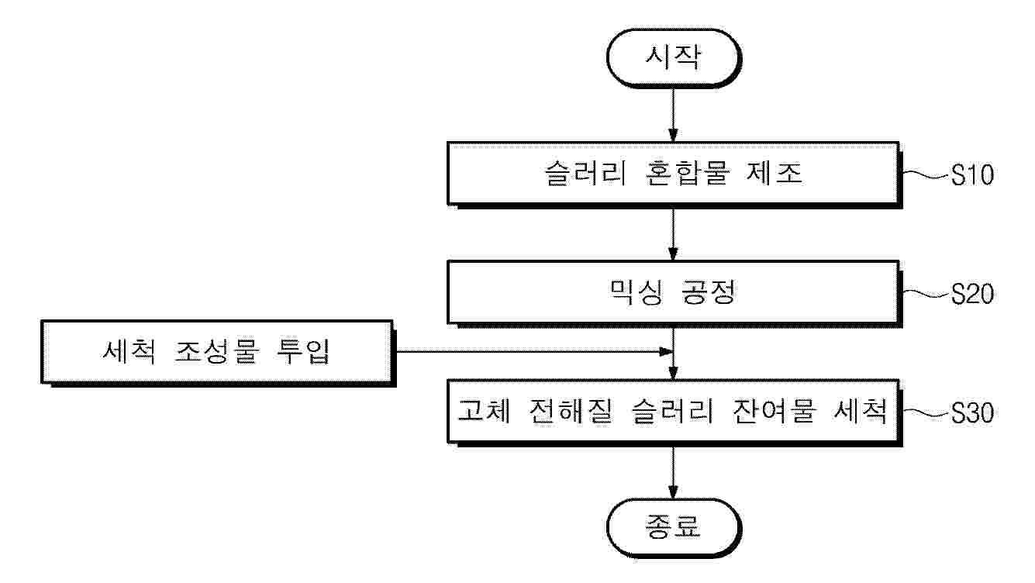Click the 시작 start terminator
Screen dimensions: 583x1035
point(671,59)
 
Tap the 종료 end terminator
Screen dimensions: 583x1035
point(671,526)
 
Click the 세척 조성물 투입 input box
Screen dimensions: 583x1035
point(216,352)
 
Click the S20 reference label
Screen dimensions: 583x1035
point(971,295)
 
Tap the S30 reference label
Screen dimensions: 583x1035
point(971,413)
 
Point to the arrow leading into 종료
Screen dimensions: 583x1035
point(672,472)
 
